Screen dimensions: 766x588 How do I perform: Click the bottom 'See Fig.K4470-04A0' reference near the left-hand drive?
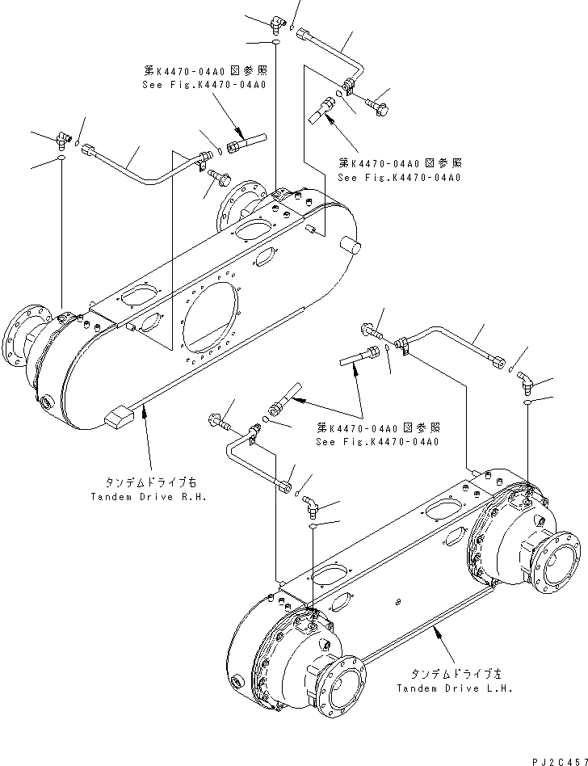[378, 442]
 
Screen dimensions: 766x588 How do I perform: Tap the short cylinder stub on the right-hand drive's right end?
[348, 246]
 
